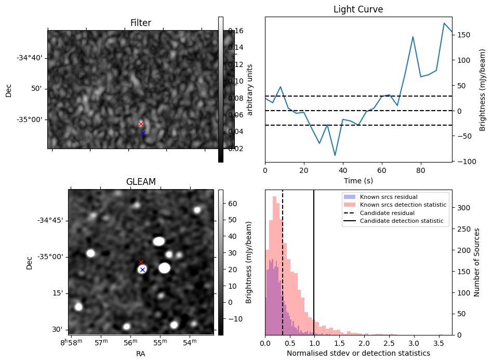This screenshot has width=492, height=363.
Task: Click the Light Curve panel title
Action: (x=358, y=9)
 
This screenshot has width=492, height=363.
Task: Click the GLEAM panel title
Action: (x=141, y=182)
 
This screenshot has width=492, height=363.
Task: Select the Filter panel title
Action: (x=141, y=23)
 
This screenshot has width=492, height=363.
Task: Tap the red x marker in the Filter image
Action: (x=141, y=124)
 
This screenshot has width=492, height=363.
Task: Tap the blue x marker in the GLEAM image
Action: (x=142, y=270)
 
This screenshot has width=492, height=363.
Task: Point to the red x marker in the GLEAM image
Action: (x=141, y=262)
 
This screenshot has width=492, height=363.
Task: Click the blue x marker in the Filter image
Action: (x=143, y=133)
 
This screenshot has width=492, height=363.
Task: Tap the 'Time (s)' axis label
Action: (x=358, y=181)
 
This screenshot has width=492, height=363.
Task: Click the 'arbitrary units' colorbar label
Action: (x=249, y=89)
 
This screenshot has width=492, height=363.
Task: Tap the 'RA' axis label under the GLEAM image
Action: (x=141, y=354)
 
